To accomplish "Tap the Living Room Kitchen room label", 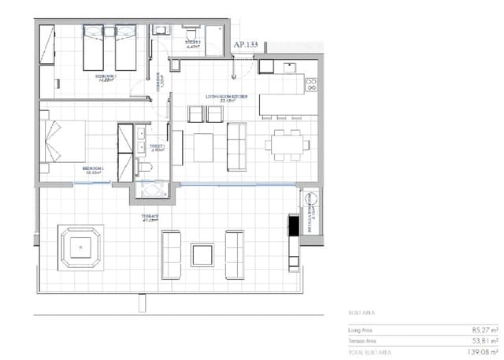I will point(227,97).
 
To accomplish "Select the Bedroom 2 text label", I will point(106,77).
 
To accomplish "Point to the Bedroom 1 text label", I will point(92,169).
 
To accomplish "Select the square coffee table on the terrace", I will point(202,255).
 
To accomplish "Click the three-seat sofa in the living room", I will point(236,147).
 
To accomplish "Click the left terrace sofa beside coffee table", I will point(170,255).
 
